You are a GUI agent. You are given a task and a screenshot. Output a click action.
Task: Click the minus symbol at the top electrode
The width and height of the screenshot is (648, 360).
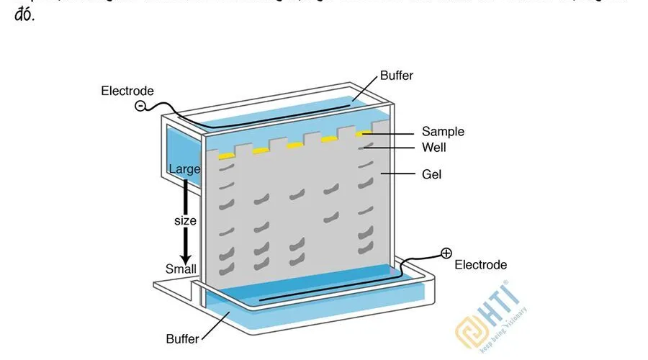point(140,106)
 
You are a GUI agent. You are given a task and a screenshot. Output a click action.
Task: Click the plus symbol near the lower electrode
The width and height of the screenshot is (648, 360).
point(446,253)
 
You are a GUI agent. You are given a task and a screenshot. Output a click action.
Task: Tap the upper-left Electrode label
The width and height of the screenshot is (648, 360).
point(127,91)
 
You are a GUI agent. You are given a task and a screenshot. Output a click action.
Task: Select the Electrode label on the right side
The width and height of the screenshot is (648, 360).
point(480,265)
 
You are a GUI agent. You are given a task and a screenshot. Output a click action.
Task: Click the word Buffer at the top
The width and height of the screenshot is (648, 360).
point(397,76)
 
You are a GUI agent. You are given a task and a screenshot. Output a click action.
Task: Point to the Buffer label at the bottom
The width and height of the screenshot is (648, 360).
point(183,338)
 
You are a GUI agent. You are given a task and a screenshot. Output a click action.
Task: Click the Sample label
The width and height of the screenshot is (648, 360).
point(443,132)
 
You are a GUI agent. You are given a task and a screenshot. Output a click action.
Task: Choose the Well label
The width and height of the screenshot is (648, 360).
point(434,148)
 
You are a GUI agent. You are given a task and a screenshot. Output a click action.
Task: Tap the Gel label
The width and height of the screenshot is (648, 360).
point(432,174)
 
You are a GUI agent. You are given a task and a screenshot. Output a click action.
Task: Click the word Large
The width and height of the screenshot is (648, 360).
point(184,169)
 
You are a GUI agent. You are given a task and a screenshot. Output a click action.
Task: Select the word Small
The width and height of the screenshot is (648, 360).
point(181,269)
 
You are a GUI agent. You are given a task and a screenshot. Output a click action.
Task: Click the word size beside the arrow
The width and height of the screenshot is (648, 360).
point(185,220)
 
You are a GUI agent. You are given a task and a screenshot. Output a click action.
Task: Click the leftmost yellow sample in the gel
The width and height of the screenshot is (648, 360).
point(226,156)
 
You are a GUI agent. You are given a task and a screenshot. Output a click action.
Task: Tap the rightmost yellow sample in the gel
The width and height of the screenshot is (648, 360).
point(365,133)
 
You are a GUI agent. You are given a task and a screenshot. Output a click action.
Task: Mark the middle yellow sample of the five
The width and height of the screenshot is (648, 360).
point(295,145)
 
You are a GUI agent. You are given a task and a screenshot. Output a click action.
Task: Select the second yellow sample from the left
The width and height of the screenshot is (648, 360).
point(261,150)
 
